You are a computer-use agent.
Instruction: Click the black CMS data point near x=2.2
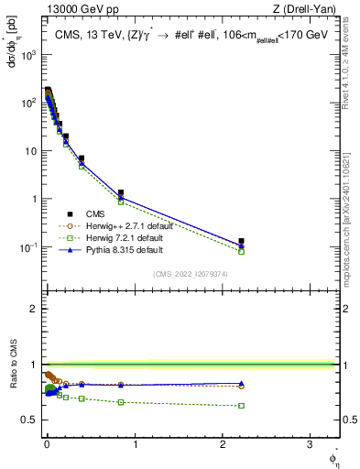coord(241,241)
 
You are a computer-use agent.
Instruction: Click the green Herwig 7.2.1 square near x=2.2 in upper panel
coord(241,251)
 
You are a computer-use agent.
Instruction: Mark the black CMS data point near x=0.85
coord(120,193)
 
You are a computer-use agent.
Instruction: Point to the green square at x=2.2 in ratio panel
coord(241,405)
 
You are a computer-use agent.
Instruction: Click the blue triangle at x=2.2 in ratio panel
coord(241,384)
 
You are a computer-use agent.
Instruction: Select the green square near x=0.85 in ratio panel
coord(120,402)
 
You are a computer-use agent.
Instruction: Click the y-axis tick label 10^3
coord(27,54)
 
